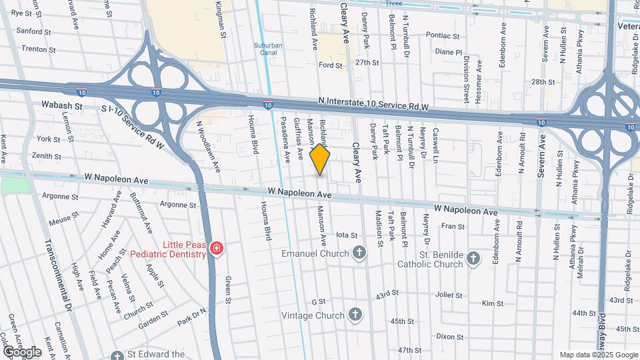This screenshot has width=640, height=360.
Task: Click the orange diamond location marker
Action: click(320, 159)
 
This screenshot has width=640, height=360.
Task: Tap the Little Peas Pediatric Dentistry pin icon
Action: click(216, 249)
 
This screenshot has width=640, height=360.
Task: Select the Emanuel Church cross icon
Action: click(359, 253)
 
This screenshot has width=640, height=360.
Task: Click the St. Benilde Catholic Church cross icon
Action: click(473, 259)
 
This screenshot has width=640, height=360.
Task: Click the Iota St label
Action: click(347, 235)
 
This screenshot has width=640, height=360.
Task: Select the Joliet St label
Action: click(449, 295)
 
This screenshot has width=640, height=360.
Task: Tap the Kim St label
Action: click(492, 303)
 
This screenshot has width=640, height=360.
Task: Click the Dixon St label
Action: click(450, 337)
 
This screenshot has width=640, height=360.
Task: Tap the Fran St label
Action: click(453, 227)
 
